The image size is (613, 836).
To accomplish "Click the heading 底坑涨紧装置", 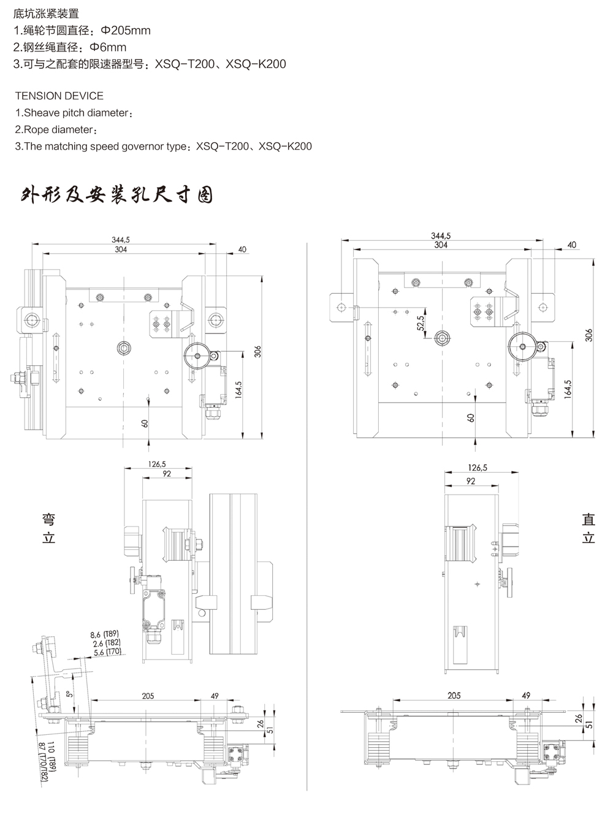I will click(x=46, y=13).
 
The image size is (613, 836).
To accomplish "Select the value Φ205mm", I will click(x=128, y=30).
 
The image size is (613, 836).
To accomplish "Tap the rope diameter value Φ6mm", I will click(x=108, y=47).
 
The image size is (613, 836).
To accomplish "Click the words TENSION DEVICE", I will click(x=59, y=96).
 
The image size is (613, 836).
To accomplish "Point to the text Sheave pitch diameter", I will click(x=77, y=113).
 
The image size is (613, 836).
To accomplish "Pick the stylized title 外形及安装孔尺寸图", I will click(x=116, y=195).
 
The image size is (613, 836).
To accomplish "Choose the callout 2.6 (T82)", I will click(x=107, y=643).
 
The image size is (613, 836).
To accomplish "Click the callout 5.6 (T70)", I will click(x=107, y=653).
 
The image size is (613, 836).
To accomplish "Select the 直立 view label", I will click(x=588, y=528).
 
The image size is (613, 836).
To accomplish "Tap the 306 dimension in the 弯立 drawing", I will click(x=258, y=351).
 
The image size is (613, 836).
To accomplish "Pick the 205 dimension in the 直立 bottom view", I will click(x=454, y=696).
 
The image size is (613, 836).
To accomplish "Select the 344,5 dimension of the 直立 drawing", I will click(x=441, y=236).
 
